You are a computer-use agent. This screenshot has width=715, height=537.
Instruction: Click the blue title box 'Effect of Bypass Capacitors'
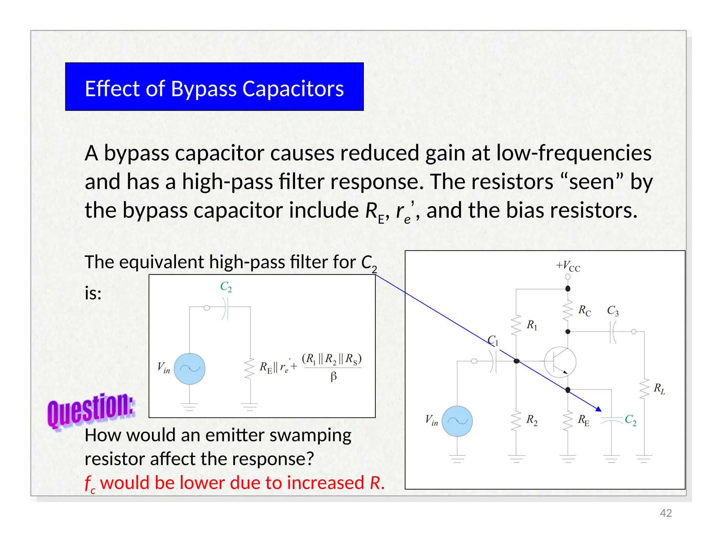pyautogui.click(x=214, y=87)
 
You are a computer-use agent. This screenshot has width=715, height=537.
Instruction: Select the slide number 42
pyautogui.click(x=666, y=513)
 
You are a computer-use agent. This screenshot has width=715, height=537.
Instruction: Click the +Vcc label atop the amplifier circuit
pyautogui.click(x=568, y=266)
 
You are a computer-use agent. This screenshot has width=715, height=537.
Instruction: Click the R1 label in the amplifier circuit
pyautogui.click(x=532, y=325)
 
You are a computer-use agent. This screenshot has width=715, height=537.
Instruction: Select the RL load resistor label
pyautogui.click(x=659, y=388)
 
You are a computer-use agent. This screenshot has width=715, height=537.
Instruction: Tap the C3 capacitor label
pyautogui.click(x=613, y=310)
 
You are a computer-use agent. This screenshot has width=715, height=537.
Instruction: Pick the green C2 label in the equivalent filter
pyautogui.click(x=226, y=287)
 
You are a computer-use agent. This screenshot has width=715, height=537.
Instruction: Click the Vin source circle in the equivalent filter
pyautogui.click(x=189, y=368)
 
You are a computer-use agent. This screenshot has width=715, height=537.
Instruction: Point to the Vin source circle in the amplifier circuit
pyautogui.click(x=457, y=421)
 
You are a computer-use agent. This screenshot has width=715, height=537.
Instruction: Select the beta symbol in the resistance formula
pyautogui.click(x=333, y=377)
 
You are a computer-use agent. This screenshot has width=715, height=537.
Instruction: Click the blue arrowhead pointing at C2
pyautogui.click(x=598, y=409)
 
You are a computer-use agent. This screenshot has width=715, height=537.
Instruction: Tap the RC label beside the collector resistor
pyautogui.click(x=584, y=310)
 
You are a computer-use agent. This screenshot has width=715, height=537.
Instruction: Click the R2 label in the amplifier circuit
pyautogui.click(x=532, y=420)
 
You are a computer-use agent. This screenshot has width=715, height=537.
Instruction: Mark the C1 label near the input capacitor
pyautogui.click(x=493, y=340)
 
